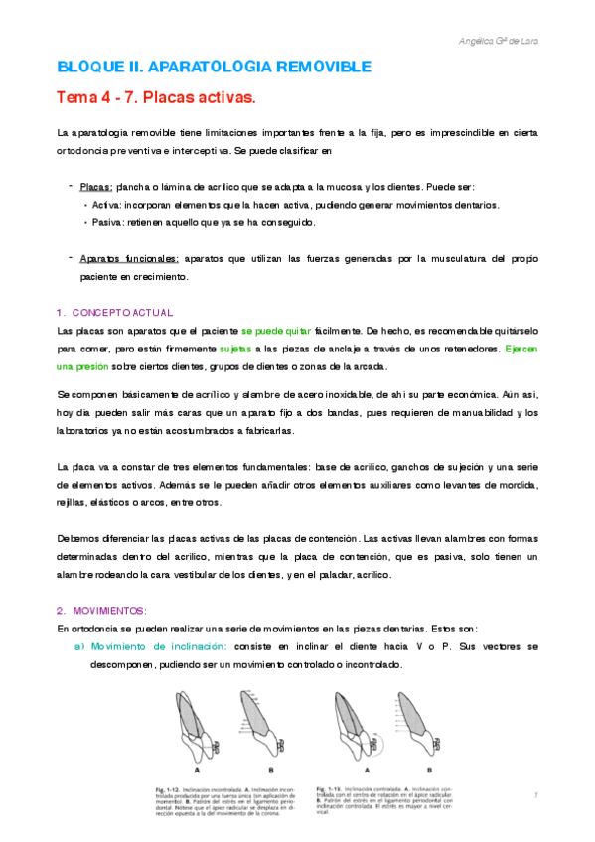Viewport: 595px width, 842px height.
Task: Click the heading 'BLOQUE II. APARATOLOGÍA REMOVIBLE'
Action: pos(214,67)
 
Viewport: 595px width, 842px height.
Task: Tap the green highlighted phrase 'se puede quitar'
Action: pos(276,330)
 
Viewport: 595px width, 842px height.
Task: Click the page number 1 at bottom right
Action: pos(534,794)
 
